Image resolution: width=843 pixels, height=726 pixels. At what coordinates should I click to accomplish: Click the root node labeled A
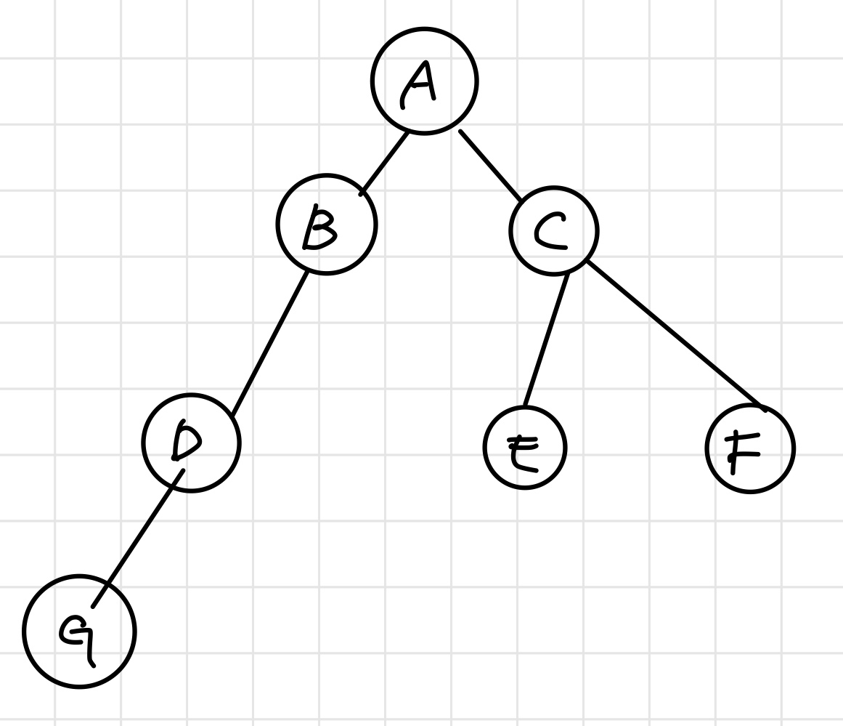[x=424, y=81]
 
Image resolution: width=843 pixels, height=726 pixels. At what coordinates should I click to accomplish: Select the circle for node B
[x=326, y=225]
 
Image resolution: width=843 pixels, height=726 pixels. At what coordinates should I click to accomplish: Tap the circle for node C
[x=554, y=231]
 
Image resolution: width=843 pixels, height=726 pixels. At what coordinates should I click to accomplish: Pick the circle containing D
[x=190, y=443]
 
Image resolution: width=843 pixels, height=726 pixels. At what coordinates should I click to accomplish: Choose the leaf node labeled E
[x=524, y=448]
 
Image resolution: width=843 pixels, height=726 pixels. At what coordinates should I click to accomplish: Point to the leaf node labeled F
[x=750, y=448]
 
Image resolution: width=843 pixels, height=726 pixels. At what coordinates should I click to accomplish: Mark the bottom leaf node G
[x=79, y=631]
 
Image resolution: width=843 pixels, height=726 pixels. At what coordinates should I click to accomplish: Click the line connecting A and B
[x=386, y=162]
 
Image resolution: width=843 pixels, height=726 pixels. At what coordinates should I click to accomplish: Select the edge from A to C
[x=490, y=166]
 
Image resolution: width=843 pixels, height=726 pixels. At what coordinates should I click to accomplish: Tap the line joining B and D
[x=270, y=343]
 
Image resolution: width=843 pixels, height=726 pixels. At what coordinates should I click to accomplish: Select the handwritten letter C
[x=550, y=230]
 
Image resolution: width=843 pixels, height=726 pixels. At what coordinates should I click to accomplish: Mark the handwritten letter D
[x=184, y=441]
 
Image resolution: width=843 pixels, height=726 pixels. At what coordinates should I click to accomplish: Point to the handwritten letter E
[x=523, y=453]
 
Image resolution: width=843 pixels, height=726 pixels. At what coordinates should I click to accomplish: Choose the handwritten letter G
[x=77, y=634]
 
